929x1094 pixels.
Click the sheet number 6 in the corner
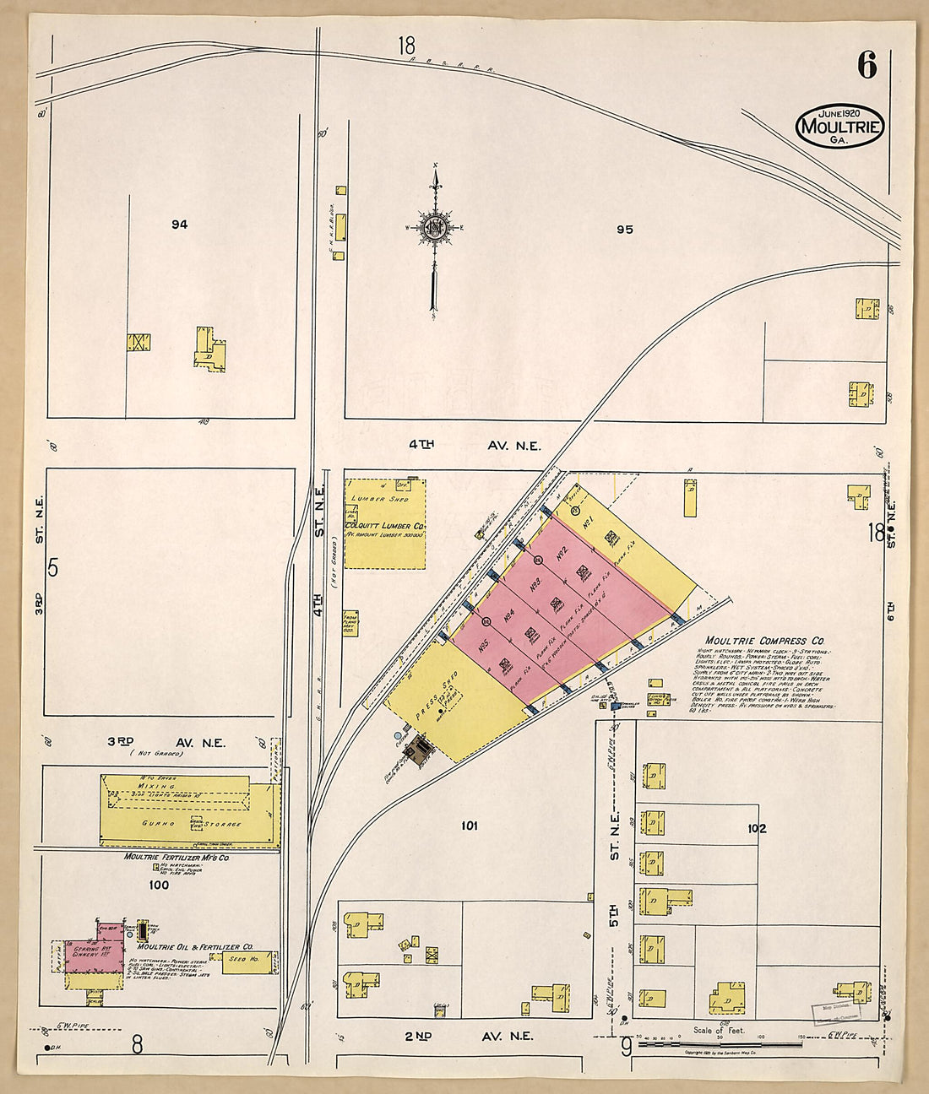tap(867, 66)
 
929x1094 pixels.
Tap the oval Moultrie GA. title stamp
tap(839, 127)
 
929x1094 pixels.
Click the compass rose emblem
tap(434, 227)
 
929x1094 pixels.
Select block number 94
tap(179, 225)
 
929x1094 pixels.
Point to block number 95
tap(624, 229)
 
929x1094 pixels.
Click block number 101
tap(469, 825)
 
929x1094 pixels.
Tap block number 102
tap(756, 828)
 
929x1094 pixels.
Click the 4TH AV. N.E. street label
tap(475, 446)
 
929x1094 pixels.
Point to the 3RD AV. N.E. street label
tap(166, 742)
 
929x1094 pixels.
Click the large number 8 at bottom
tap(136, 1045)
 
